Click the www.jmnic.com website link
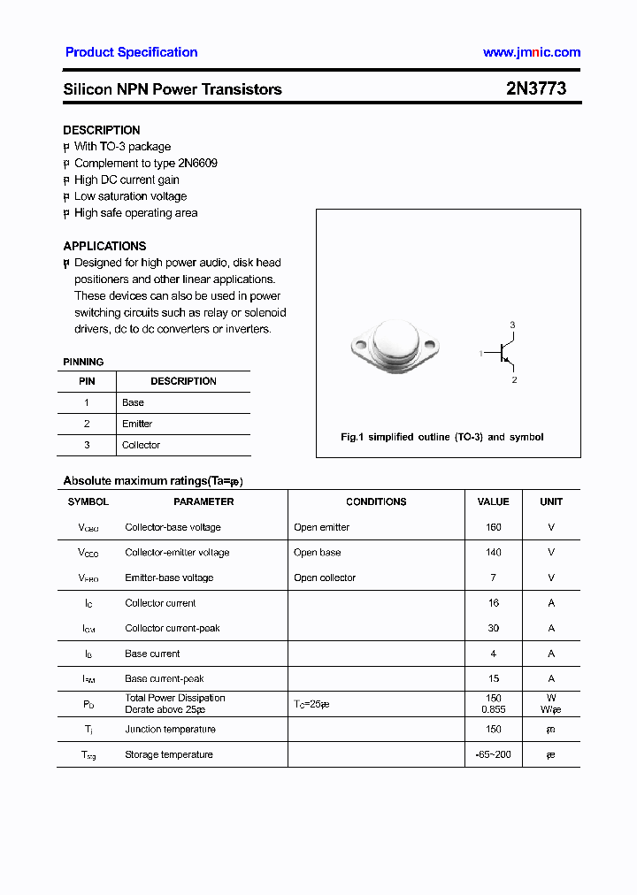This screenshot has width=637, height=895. pyautogui.click(x=531, y=52)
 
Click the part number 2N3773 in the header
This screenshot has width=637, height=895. pyautogui.click(x=536, y=88)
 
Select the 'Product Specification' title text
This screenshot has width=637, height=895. pyautogui.click(x=131, y=52)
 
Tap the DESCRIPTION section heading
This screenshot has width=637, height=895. pyautogui.click(x=102, y=130)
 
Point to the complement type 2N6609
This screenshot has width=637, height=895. pyautogui.click(x=198, y=163)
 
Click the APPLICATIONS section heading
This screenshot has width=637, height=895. pyautogui.click(x=104, y=246)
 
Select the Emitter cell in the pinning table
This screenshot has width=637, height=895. pyautogui.click(x=137, y=424)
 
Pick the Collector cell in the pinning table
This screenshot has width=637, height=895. pyautogui.click(x=141, y=445)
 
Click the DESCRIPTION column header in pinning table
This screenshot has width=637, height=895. pyautogui.click(x=183, y=381)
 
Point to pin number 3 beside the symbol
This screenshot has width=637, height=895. pyautogui.click(x=512, y=325)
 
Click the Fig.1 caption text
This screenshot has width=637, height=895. pyautogui.click(x=441, y=437)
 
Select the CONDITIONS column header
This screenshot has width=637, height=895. pyautogui.click(x=376, y=501)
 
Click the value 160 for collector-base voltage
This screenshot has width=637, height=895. pyautogui.click(x=493, y=527)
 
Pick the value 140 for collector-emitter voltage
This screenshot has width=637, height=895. pyautogui.click(x=493, y=552)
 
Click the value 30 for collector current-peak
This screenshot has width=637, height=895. pyautogui.click(x=493, y=628)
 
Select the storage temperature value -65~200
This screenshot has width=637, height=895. pyautogui.click(x=493, y=754)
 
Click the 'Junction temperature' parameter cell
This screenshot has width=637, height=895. pyautogui.click(x=170, y=729)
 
